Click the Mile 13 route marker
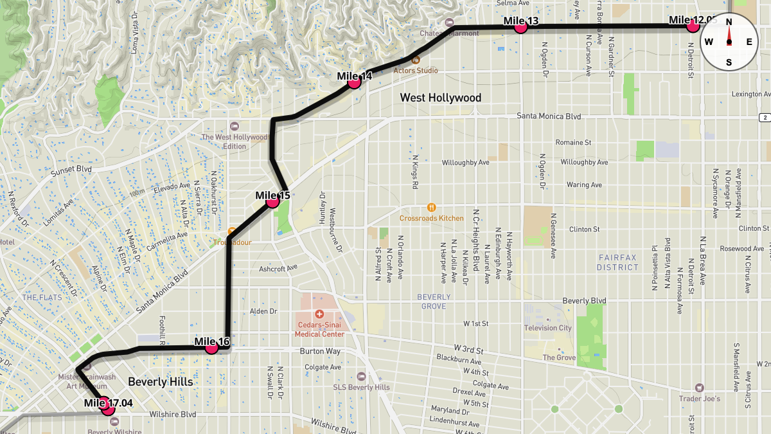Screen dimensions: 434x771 coord(520,27)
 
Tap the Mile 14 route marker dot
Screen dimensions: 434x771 coord(354,82)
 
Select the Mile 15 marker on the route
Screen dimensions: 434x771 coord(272,202)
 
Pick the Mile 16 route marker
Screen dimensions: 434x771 coord(211,348)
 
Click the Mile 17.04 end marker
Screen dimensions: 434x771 coord(108,408)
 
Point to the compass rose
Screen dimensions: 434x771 coord(729,42)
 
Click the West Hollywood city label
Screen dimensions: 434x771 coord(440,98)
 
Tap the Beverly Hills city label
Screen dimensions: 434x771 coord(160,381)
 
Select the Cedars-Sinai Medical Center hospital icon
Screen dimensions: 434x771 coord(319,314)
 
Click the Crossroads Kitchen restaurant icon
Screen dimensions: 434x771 coord(431,207)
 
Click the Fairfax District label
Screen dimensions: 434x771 coord(617,262)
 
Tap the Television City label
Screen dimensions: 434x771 coord(547,328)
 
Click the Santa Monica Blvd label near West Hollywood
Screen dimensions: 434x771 coord(549,116)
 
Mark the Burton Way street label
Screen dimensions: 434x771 coord(319,352)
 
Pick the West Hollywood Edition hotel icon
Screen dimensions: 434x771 coord(234,126)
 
